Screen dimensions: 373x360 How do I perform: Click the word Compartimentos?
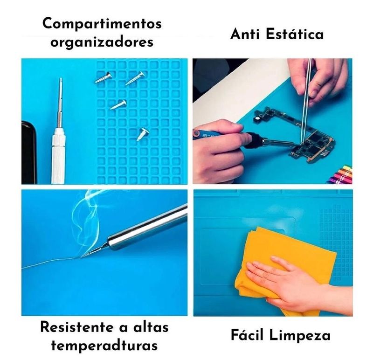click(102, 24)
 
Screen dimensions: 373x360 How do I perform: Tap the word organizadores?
click(102, 42)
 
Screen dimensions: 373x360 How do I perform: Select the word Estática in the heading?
click(295, 34)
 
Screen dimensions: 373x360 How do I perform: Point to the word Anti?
click(245, 34)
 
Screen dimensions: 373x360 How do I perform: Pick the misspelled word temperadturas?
click(104, 346)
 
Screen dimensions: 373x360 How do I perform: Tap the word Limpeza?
click(300, 336)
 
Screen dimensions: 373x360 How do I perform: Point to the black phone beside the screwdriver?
click(29, 152)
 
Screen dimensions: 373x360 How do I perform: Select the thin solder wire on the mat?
click(51, 263)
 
